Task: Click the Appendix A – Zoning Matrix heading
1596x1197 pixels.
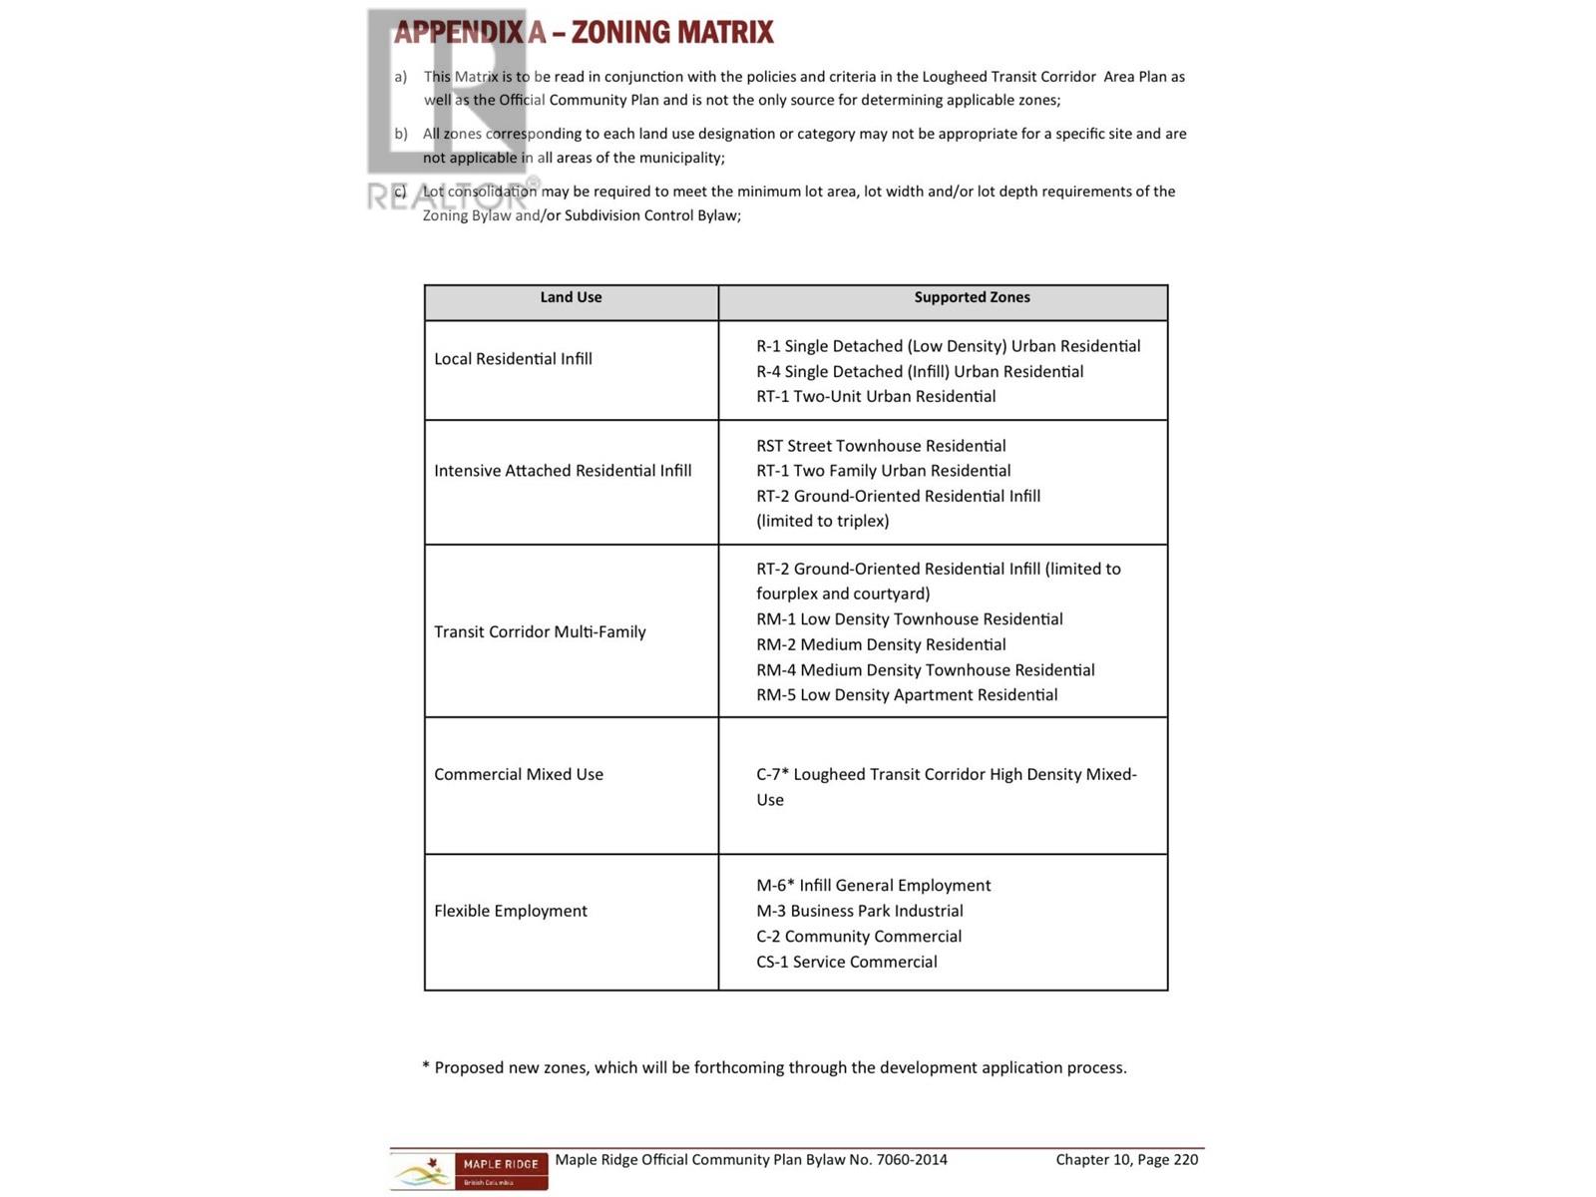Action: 584,33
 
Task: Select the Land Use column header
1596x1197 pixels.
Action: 571,297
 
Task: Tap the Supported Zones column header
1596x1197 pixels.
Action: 972,297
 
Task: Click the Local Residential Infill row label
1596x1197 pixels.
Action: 513,359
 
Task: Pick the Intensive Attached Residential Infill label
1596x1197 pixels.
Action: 563,471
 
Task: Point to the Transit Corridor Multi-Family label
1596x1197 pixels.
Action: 540,631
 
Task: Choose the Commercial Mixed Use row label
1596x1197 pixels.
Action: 519,774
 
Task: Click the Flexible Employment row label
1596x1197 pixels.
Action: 511,911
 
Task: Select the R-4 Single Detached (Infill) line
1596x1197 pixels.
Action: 919,371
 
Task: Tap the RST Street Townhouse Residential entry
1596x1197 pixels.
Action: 881,446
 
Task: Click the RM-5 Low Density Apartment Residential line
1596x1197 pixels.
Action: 907,695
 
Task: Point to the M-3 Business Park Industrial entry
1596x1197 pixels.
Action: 859,911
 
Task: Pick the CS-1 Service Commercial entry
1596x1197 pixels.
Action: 846,962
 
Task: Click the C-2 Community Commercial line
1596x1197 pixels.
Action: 858,937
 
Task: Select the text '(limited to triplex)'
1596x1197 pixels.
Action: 822,521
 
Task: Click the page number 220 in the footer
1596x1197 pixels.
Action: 1185,1159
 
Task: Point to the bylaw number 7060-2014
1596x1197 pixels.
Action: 912,1159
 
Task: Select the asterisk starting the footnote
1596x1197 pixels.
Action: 426,1066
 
